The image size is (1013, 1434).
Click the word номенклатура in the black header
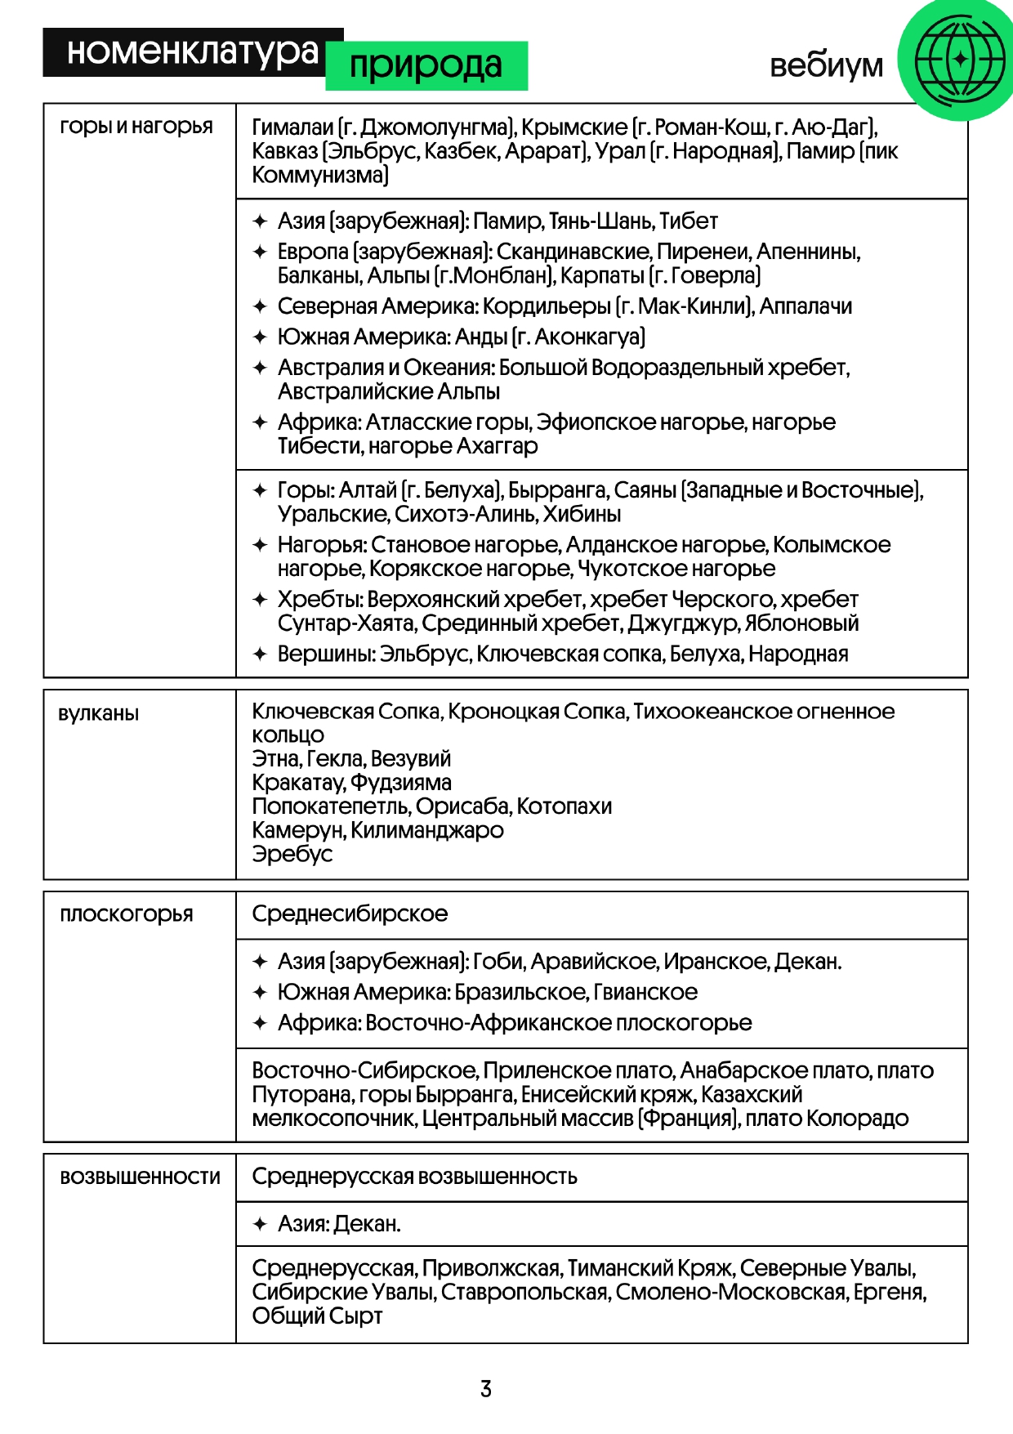193,52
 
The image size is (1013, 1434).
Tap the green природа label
426,65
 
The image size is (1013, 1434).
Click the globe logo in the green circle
959,60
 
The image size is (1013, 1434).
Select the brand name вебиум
826,65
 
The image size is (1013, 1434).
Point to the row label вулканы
99,713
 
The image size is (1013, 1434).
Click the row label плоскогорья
127,914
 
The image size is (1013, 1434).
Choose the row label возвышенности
140,1177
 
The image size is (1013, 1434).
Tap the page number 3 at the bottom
486,1388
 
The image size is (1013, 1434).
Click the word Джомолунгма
435,127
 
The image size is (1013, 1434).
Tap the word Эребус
292,854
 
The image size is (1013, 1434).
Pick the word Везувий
410,758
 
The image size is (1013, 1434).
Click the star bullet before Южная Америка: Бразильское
260,992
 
